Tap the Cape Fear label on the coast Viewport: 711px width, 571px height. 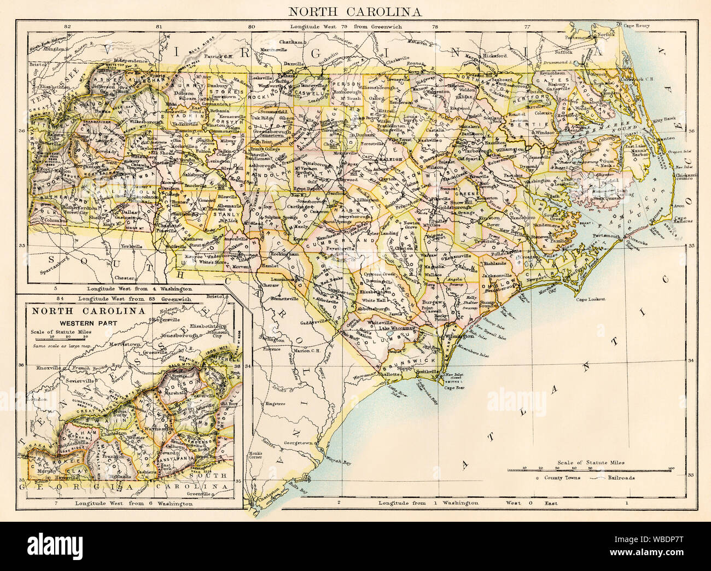[x=458, y=388]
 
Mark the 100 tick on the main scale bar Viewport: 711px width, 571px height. [x=671, y=468]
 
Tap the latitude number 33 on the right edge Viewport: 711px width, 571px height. [x=690, y=475]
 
